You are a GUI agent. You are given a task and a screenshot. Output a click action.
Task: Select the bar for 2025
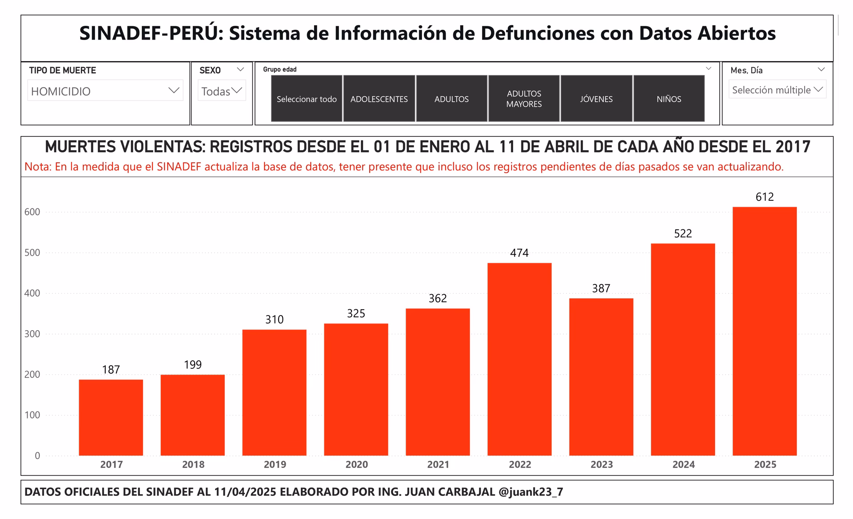(764, 331)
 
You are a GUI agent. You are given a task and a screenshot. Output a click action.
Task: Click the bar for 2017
(111, 417)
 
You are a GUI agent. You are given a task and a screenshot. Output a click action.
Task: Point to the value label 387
(601, 288)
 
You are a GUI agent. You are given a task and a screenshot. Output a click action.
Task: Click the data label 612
(764, 197)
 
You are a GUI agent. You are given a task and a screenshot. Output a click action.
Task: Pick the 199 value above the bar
(193, 365)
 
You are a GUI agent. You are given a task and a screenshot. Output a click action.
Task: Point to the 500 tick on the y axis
(32, 253)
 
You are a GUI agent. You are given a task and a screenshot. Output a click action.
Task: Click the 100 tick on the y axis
(32, 415)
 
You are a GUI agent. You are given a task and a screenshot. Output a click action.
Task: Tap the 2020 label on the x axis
(356, 465)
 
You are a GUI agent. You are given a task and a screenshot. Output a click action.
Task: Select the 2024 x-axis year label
(683, 465)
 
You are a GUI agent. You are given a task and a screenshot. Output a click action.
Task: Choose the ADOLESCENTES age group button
(379, 99)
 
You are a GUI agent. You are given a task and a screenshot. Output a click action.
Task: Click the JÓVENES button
(596, 99)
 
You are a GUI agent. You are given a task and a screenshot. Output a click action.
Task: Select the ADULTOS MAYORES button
(524, 99)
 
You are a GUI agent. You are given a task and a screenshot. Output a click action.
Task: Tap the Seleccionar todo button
(307, 99)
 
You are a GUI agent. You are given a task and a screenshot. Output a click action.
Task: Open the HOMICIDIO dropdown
(105, 91)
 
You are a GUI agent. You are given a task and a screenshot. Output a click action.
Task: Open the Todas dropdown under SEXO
(221, 91)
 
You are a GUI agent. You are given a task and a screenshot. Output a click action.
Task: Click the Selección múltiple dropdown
(777, 90)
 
